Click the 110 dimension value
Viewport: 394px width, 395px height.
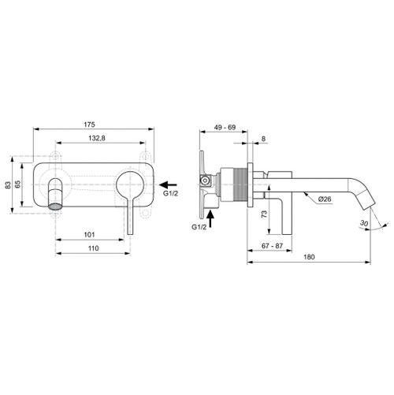coord(93,248)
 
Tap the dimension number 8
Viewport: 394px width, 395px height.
coord(263,140)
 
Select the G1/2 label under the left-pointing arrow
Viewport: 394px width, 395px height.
coord(172,192)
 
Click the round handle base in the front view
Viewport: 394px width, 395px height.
coord(128,188)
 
